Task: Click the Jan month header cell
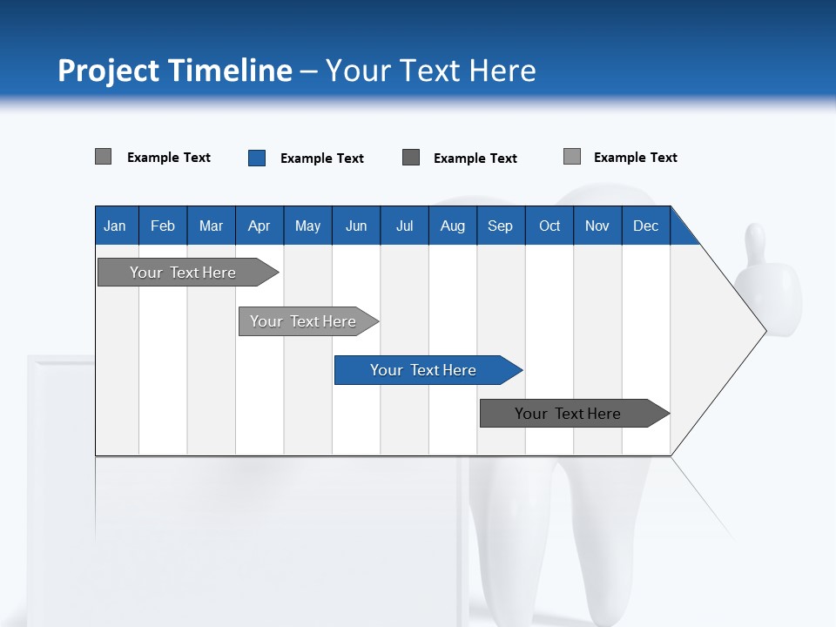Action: coord(115,226)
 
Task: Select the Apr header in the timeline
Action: coord(259,226)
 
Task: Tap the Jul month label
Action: coord(404,226)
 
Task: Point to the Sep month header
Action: coord(500,226)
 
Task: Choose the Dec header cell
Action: coord(645,226)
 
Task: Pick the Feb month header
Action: coord(163,226)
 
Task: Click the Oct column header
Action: coord(549,226)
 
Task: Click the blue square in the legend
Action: coord(257,158)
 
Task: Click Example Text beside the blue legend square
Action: coord(321,158)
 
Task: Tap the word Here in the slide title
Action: coord(502,71)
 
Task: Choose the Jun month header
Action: coord(356,226)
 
